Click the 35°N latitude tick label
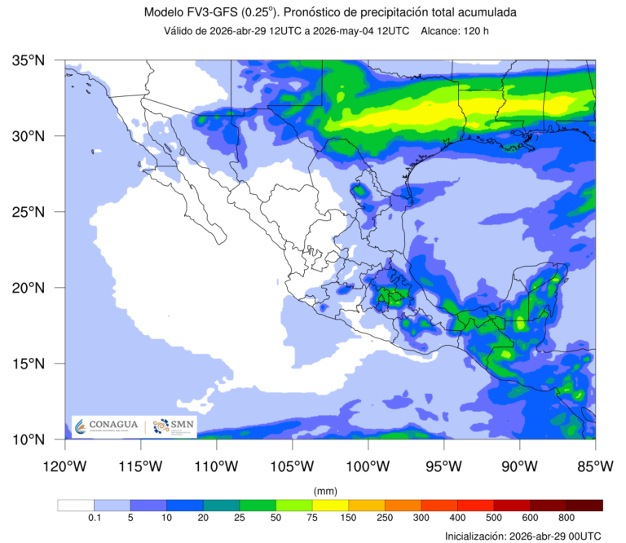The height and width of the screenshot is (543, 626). pyautogui.click(x=29, y=60)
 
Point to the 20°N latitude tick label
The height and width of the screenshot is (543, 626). pyautogui.click(x=29, y=288)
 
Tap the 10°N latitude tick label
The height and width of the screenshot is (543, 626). pyautogui.click(x=29, y=439)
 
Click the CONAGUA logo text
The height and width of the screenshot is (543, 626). pyautogui.click(x=113, y=426)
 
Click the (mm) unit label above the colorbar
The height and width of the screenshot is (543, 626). pyautogui.click(x=325, y=491)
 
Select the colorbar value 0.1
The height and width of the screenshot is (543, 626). pyautogui.click(x=94, y=518)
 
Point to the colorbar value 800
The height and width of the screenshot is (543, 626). pyautogui.click(x=566, y=518)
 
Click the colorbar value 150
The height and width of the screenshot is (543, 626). pyautogui.click(x=348, y=518)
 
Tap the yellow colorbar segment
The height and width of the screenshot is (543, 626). pyautogui.click(x=330, y=505)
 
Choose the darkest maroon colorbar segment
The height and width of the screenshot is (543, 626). pyautogui.click(x=584, y=505)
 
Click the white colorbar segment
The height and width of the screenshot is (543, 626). pyautogui.click(x=76, y=505)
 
